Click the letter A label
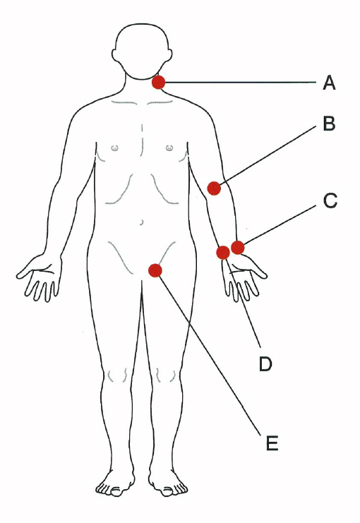pos(329,83)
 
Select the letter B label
pos(329,123)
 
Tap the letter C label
pos(330,200)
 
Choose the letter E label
pos(272,443)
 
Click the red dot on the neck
pos(159,82)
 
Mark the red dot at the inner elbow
pos(214,188)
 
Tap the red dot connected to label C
pos(238,248)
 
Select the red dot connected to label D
pos(223,253)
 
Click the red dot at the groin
pos(155,270)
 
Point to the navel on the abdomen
pos(142,222)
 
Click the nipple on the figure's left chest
pos(169,147)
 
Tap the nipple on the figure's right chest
pos(114,147)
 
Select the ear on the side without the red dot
pos(116,56)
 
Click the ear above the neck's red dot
pos(169,56)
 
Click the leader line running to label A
pos(240,82)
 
